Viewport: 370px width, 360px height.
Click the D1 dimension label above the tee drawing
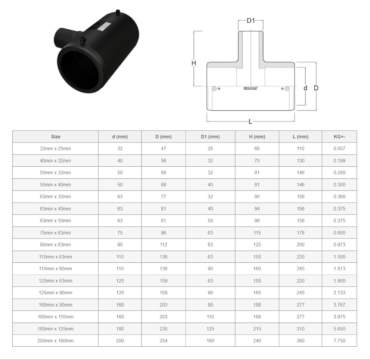point(250,21)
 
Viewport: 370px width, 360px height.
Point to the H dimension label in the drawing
point(194,63)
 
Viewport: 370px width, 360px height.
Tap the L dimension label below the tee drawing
point(250,121)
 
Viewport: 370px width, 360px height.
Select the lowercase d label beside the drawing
point(305,88)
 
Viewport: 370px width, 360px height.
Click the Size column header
point(55,137)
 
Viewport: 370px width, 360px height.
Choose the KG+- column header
point(339,137)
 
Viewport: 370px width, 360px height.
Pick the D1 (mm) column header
point(210,137)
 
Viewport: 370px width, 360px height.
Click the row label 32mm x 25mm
point(55,148)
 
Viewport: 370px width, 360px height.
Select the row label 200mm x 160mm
point(55,341)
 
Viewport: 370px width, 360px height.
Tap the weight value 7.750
point(339,341)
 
